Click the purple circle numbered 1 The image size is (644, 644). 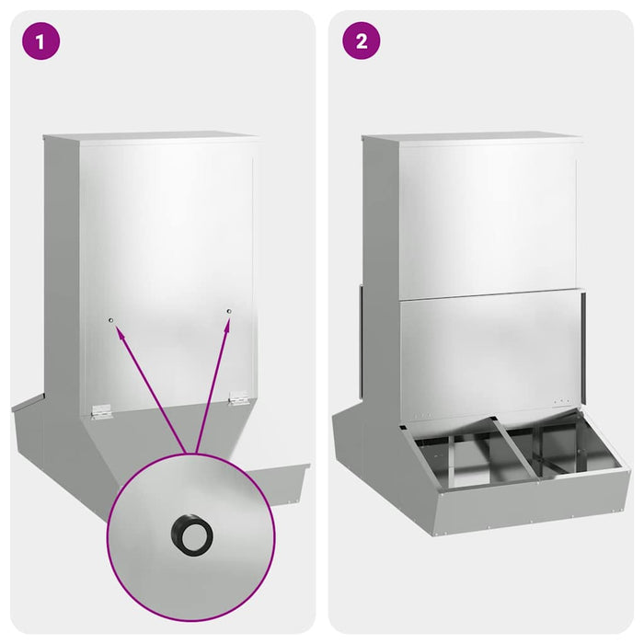40,41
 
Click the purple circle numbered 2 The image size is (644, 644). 361,41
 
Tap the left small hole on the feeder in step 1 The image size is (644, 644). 110,320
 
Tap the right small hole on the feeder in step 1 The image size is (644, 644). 229,311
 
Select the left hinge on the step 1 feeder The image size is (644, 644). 101,411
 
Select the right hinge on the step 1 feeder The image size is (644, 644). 238,397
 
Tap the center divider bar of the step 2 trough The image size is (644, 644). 514,449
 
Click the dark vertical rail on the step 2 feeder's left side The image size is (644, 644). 361,341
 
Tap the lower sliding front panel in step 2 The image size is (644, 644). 490,353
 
